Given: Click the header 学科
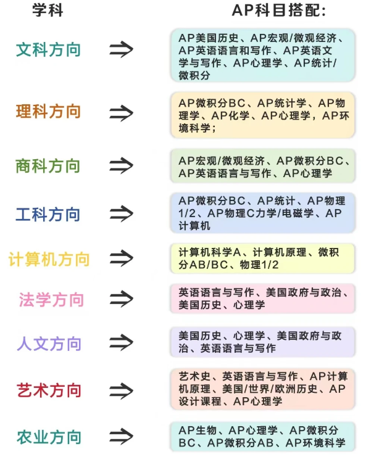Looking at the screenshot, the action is click(x=48, y=10).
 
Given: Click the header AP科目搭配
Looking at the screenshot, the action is click(x=278, y=10).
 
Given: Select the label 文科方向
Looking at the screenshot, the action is click(x=48, y=49).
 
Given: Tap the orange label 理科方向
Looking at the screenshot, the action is click(x=48, y=112).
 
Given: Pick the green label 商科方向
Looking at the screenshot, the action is click(x=48, y=166).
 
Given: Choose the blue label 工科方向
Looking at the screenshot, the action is click(x=48, y=214).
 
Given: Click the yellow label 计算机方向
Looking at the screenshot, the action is click(x=49, y=260).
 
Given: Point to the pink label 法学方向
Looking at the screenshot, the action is click(x=52, y=300).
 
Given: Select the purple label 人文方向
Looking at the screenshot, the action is click(x=49, y=344).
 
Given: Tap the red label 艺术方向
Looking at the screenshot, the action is click(x=49, y=390).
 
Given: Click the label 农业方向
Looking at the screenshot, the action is click(x=49, y=437).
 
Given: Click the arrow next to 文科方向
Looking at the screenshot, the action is click(x=122, y=49).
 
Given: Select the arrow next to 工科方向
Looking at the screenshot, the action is click(x=122, y=213).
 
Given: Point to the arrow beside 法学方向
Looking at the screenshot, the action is click(x=122, y=298).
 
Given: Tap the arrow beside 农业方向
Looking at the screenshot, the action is click(x=122, y=436).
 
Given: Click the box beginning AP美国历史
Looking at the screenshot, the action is click(x=263, y=56).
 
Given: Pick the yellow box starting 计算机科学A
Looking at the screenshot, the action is click(x=263, y=258).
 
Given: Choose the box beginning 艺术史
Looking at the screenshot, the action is click(x=263, y=389).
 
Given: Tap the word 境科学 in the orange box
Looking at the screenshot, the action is click(x=198, y=128).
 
